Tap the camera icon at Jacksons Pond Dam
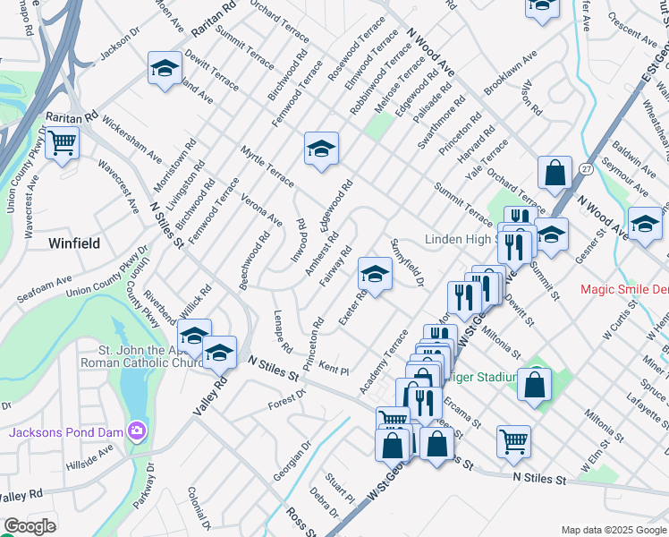pyautogui.click(x=136, y=432)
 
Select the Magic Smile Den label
pyautogui.click(x=624, y=289)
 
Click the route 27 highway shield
pyautogui.click(x=585, y=169)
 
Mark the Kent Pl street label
pyautogui.click(x=333, y=368)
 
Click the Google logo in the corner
pyautogui.click(x=30, y=526)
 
